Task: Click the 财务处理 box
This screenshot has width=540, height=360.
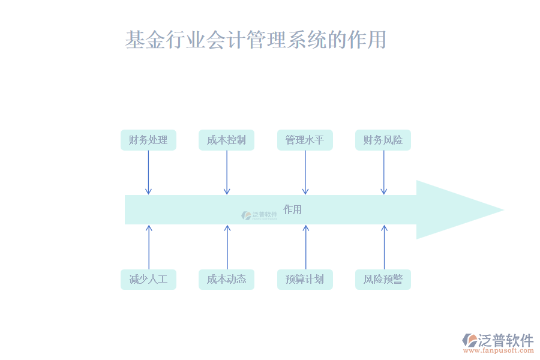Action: tap(148, 140)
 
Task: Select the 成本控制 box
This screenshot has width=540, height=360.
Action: tap(226, 140)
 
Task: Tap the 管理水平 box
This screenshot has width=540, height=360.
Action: tap(305, 140)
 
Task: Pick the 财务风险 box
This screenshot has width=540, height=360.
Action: tap(383, 140)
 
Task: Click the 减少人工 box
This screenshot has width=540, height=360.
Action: tap(148, 280)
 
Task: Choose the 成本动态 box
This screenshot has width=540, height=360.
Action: tap(226, 280)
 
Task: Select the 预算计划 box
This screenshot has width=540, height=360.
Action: tap(305, 280)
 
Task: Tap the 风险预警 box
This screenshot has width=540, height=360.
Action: tap(383, 280)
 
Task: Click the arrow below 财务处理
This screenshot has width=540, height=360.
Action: tap(148, 172)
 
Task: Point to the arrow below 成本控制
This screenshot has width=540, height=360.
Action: tap(227, 172)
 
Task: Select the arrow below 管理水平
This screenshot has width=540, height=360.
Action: tap(305, 172)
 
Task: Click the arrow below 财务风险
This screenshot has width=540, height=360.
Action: tap(384, 172)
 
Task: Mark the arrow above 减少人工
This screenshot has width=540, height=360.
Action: tap(149, 247)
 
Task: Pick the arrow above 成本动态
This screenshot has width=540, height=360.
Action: tap(227, 247)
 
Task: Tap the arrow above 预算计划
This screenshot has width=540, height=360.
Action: tap(305, 247)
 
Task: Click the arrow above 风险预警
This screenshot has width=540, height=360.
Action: tap(384, 247)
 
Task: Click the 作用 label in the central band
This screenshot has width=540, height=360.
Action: tap(292, 209)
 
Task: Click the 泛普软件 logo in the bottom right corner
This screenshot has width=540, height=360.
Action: tap(498, 343)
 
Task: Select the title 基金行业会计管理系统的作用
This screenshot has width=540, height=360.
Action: tap(256, 40)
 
